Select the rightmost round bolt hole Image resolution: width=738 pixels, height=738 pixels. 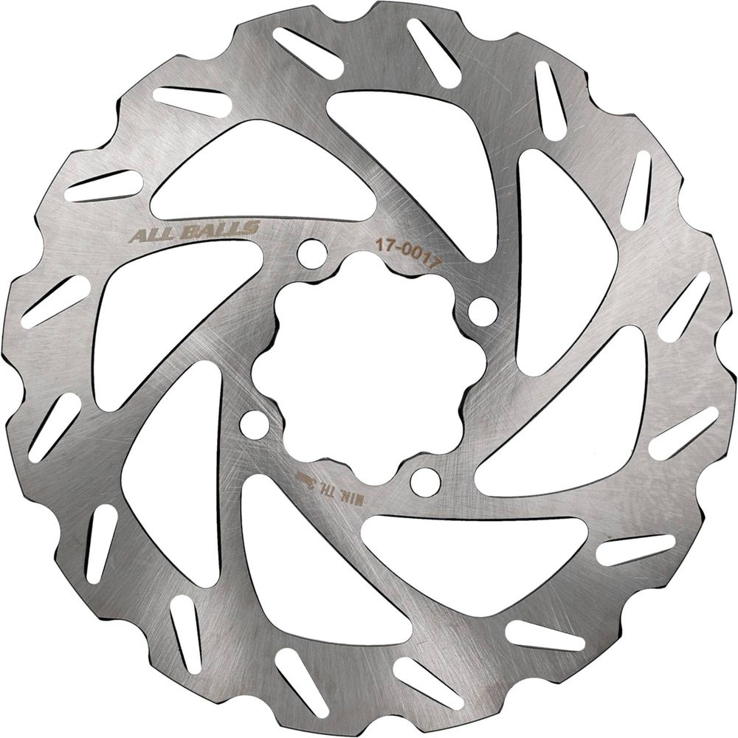[483, 308]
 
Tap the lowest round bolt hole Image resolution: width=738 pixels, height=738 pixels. [426, 482]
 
